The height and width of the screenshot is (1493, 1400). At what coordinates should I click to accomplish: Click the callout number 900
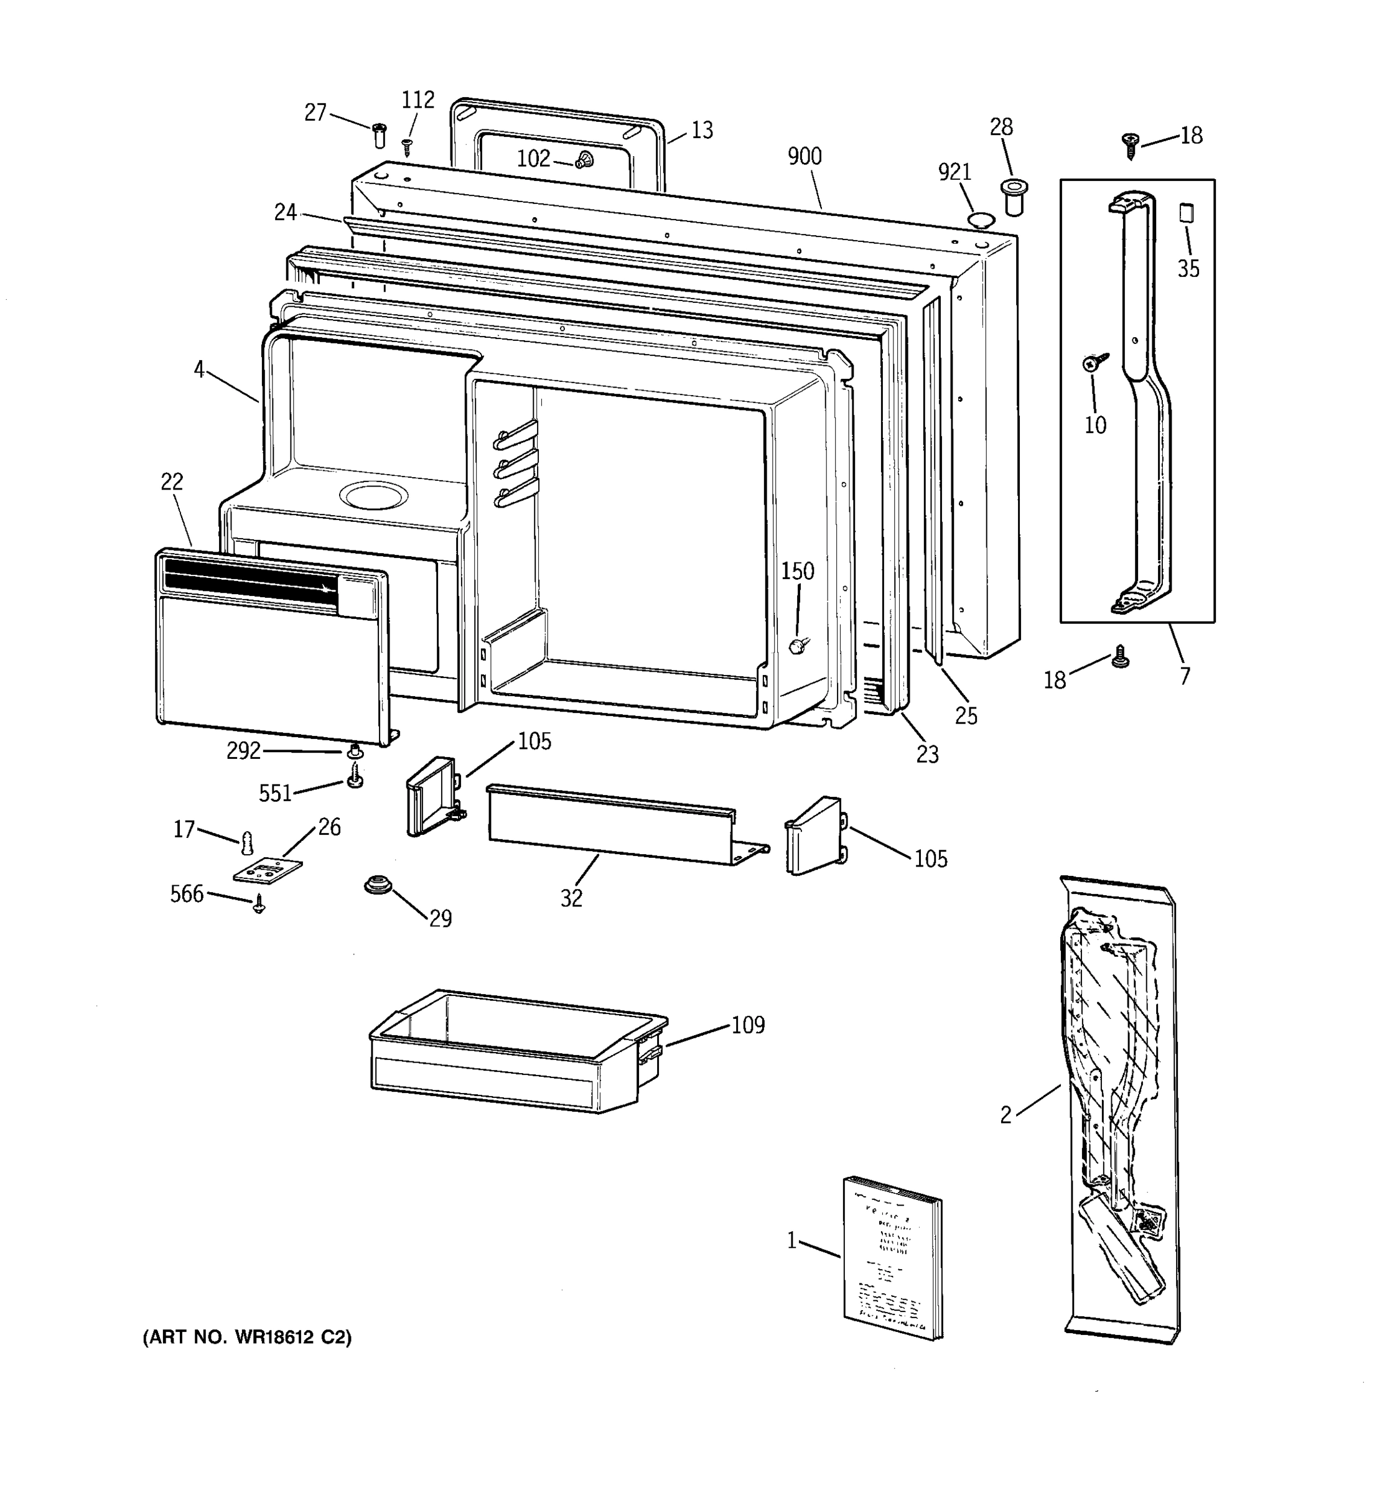[x=804, y=156]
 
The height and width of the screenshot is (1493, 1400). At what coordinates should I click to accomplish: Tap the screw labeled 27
[x=380, y=135]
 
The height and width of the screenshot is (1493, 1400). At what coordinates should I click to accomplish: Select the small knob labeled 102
[x=584, y=159]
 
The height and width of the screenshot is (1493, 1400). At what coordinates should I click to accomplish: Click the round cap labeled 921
[x=980, y=220]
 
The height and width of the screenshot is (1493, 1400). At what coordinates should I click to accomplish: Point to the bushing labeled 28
[x=1015, y=196]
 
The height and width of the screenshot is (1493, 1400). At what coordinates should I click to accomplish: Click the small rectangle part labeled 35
[x=1185, y=213]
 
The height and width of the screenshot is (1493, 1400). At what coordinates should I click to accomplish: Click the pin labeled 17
[x=247, y=844]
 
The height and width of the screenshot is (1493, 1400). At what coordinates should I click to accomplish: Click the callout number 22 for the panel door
[x=172, y=481]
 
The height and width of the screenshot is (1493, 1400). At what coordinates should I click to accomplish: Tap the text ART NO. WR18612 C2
[x=247, y=1337]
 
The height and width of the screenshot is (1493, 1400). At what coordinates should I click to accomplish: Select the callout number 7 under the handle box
[x=1185, y=676]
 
